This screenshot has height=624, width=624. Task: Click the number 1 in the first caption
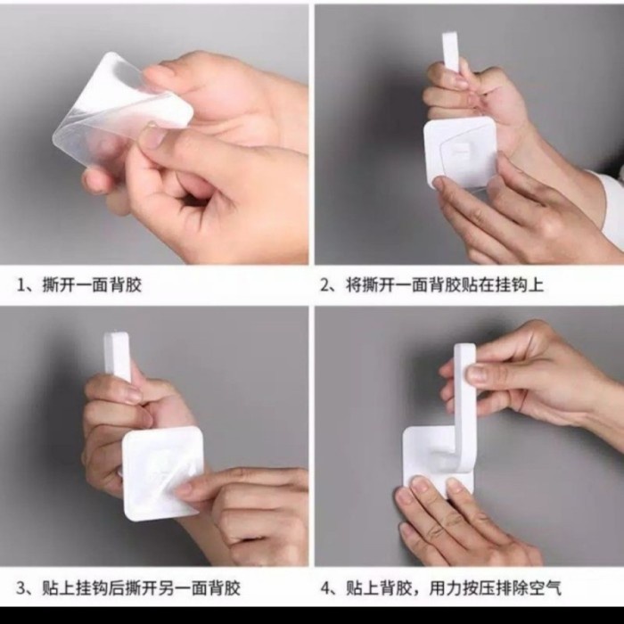coord(21,285)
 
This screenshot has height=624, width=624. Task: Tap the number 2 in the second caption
coord(325,285)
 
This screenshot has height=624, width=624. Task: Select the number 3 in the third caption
coord(21,588)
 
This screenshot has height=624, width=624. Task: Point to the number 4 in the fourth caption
coord(325,588)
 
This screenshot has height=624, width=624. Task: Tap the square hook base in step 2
coord(461,153)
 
